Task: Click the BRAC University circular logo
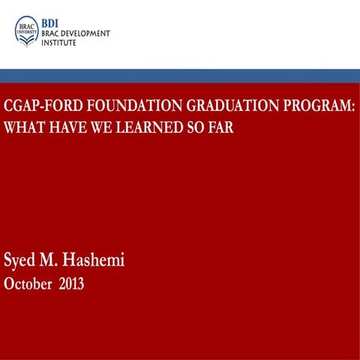click(x=26, y=31)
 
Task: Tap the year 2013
click(x=72, y=284)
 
